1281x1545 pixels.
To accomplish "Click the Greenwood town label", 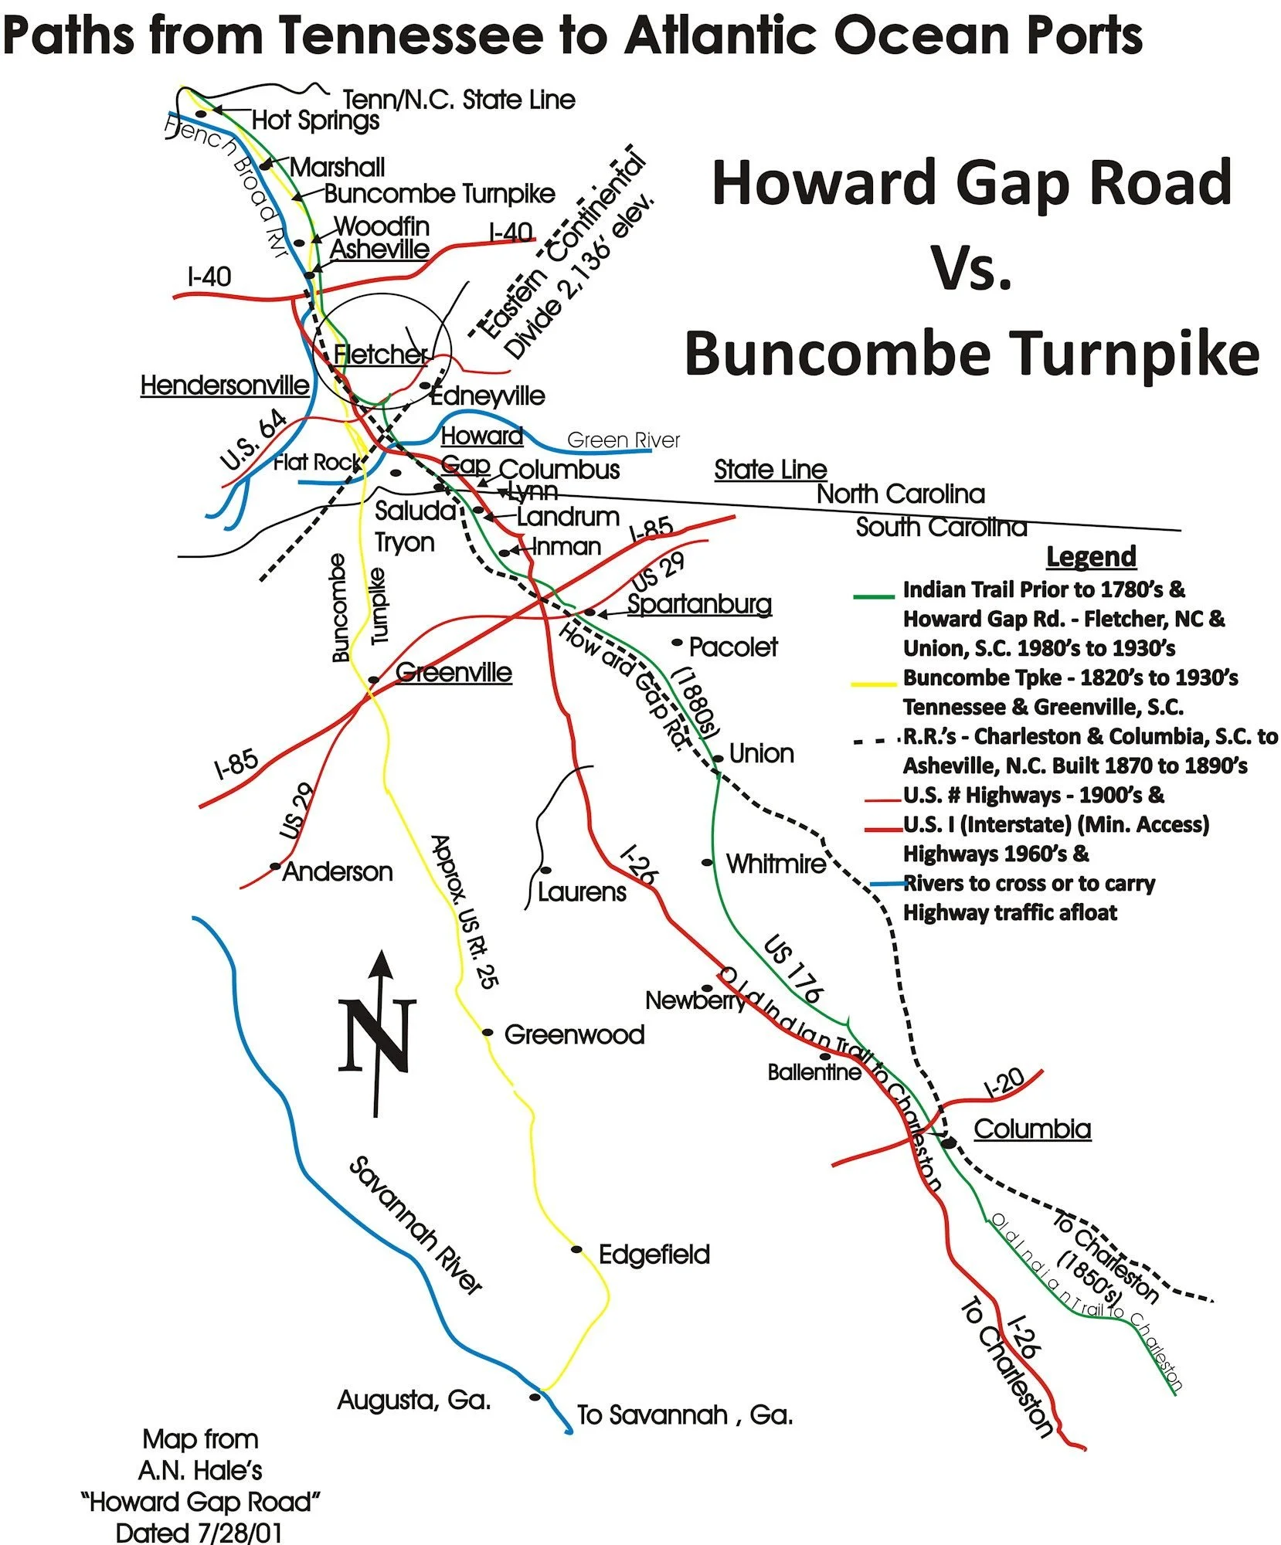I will (574, 1034).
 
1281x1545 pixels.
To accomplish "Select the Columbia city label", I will (1031, 1129).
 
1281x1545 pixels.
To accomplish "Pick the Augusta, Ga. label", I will (414, 1400).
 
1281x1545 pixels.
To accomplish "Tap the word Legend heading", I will (1091, 556).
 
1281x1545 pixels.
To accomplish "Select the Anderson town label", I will (338, 872).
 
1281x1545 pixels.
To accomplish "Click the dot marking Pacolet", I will (678, 642).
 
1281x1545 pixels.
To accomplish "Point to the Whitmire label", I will (776, 864).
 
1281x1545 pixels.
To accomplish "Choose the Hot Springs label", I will (315, 121).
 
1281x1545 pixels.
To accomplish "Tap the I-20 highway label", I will (1004, 1083).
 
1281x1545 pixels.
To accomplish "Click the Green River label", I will (623, 440).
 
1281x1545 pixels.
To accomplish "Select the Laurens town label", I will (582, 892).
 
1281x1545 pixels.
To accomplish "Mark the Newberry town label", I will (695, 1001).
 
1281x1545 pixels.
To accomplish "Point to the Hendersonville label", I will (225, 385).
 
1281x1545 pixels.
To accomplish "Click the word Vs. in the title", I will (971, 268).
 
